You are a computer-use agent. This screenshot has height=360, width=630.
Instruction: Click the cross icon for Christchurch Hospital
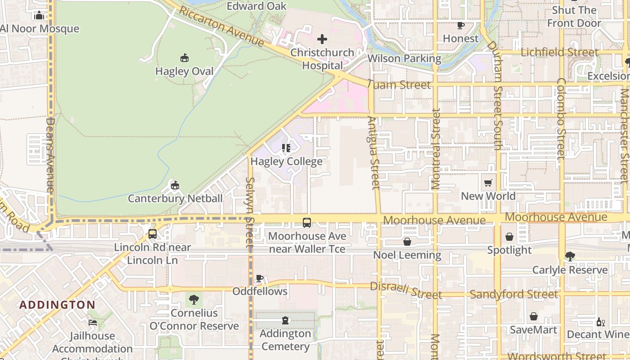(322, 39)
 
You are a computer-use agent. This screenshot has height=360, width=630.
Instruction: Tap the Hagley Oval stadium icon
(184, 58)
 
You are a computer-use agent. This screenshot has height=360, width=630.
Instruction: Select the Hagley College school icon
(286, 148)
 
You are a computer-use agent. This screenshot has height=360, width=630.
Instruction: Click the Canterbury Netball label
(175, 198)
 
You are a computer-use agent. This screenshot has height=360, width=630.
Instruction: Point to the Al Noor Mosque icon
(39, 16)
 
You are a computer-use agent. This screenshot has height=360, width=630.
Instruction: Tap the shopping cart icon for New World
(488, 183)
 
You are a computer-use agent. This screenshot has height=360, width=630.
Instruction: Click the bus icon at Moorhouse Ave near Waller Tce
(306, 222)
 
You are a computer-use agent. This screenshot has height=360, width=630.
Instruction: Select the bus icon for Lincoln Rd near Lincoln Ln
(153, 234)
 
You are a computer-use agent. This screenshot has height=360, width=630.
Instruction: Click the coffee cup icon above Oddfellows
(260, 278)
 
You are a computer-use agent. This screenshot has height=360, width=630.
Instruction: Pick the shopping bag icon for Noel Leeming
(407, 242)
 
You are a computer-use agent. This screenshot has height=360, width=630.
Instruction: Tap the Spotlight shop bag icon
(509, 237)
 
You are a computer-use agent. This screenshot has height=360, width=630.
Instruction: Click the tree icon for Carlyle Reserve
(570, 256)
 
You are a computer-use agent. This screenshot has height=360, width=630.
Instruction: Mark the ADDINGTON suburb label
(57, 305)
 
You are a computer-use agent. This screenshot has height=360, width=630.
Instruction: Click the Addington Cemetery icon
(285, 320)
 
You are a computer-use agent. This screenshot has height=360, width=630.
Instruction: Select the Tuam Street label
(399, 85)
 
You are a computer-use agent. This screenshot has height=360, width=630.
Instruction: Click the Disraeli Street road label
(406, 291)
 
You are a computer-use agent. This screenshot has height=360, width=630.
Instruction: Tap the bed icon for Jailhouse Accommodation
(92, 323)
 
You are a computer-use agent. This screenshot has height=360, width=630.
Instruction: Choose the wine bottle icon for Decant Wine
(599, 322)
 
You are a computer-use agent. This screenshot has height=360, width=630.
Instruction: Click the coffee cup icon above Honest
(460, 25)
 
